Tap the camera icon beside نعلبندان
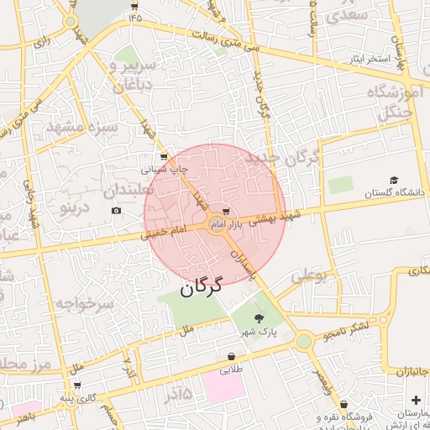116,209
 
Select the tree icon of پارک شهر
258,317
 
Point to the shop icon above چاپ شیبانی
164,157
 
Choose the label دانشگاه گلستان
396,193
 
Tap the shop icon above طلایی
231,356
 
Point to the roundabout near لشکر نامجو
303,341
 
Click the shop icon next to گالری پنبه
77,385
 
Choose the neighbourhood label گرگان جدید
281,165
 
